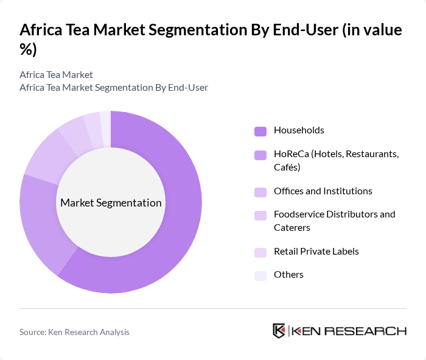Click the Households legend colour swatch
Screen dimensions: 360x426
pyautogui.click(x=260, y=130)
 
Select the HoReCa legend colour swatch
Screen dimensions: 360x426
pyautogui.click(x=260, y=155)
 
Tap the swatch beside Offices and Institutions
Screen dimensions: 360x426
pyautogui.click(x=260, y=191)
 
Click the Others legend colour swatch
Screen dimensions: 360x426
pyautogui.click(x=260, y=275)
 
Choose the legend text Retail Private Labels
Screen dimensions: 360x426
pyautogui.click(x=316, y=251)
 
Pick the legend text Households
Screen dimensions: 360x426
pyautogui.click(x=299, y=130)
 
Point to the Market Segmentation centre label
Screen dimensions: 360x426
pyautogui.click(x=111, y=203)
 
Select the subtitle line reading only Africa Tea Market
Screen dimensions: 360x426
pyautogui.click(x=56, y=74)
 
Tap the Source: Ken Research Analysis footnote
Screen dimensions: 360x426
pyautogui.click(x=74, y=332)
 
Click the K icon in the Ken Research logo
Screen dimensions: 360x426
pyautogui.click(x=279, y=331)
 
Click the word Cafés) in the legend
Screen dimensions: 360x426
pyautogui.click(x=287, y=167)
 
